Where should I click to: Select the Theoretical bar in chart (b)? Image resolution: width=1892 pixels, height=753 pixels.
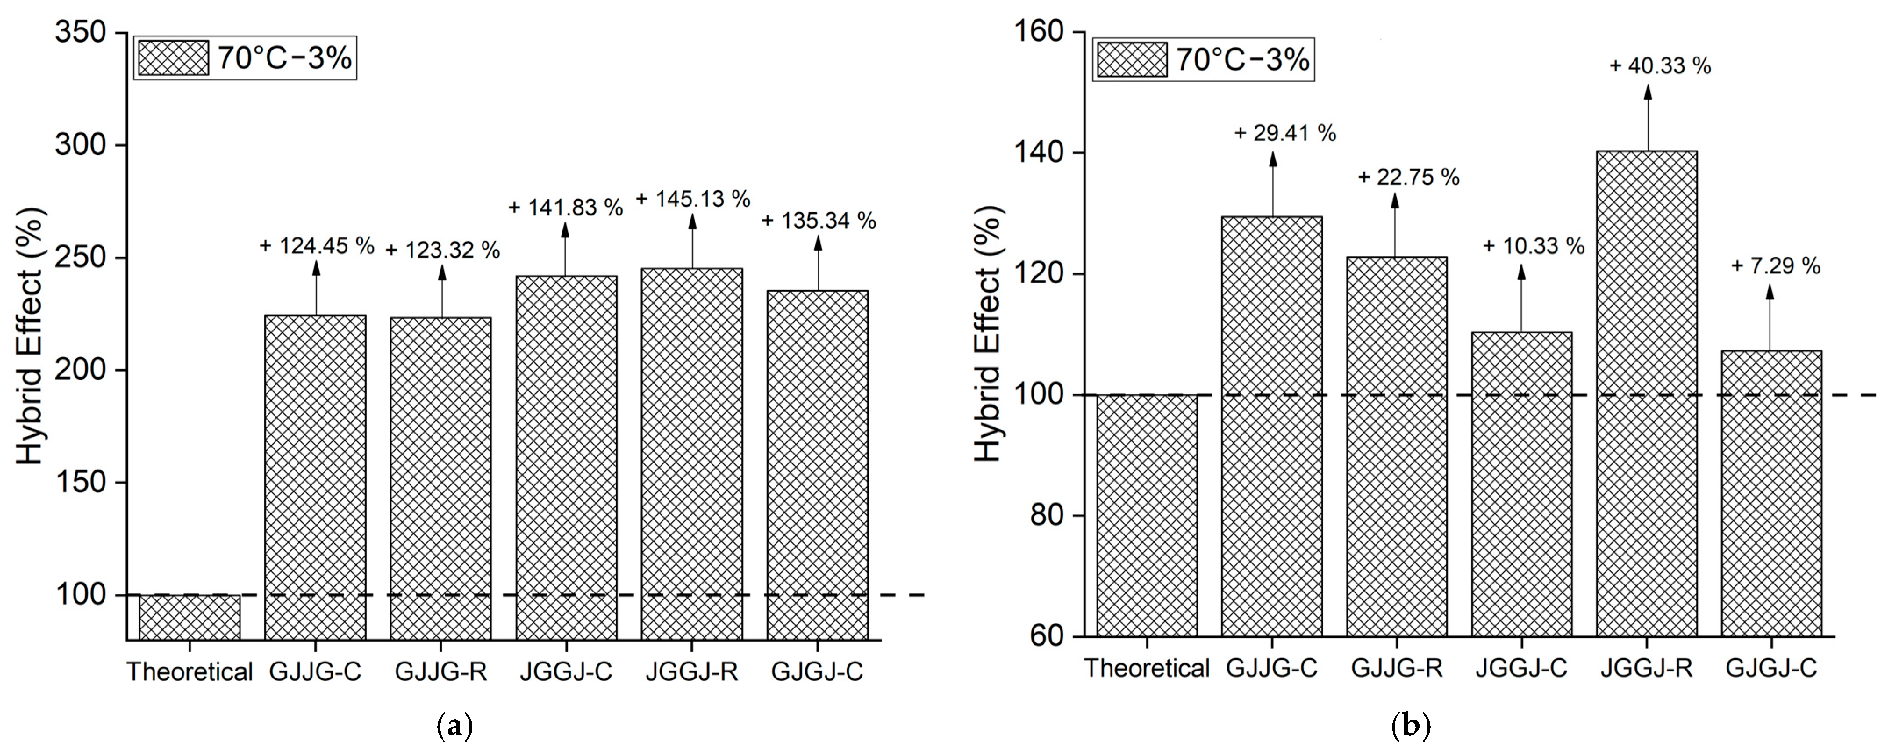pos(1147,514)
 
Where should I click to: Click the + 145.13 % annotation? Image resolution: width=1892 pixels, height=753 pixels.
pos(693,199)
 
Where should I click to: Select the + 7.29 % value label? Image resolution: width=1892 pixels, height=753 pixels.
pos(1775,266)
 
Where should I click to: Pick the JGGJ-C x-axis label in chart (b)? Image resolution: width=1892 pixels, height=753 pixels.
pos(1521,668)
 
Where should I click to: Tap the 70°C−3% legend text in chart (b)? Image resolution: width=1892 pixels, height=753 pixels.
pos(1243,59)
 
